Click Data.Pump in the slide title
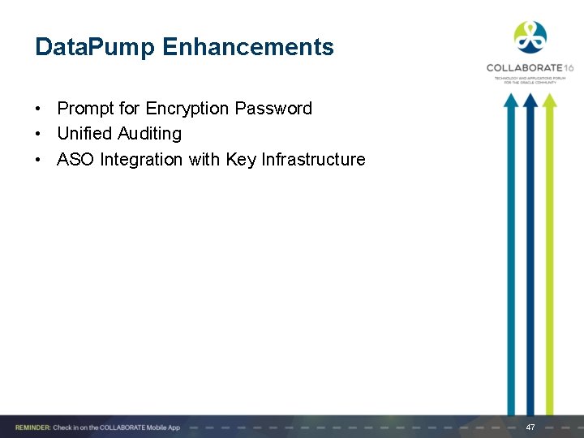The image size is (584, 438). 95,47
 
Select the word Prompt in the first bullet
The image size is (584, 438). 85,109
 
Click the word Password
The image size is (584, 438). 273,109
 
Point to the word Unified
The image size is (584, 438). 84,133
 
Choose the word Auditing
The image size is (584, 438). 149,134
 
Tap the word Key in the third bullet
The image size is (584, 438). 241,160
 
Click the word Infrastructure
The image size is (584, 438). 313,159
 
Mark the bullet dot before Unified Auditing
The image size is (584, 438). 39,134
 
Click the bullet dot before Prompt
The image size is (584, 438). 39,109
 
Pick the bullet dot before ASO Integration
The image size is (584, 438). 39,160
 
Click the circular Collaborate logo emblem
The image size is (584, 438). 530,37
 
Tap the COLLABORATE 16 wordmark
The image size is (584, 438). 529,68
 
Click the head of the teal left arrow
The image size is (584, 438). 510,101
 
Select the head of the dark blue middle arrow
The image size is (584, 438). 530,101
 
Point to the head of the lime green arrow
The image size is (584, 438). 549,101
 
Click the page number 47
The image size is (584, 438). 530,427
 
